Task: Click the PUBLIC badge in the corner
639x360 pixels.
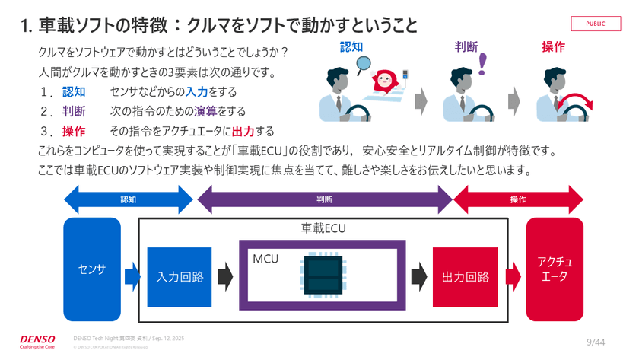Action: (x=596, y=24)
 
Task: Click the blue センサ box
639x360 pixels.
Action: (x=92, y=269)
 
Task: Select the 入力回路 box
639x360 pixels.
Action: (x=180, y=277)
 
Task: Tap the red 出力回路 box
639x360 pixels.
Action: (x=465, y=277)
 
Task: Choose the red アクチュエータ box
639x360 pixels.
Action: (x=555, y=269)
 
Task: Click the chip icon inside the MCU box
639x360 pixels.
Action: (x=322, y=275)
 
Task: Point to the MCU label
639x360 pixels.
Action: (x=265, y=259)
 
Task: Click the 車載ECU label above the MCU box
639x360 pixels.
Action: (x=323, y=228)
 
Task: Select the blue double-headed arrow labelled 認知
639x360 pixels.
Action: (x=129, y=200)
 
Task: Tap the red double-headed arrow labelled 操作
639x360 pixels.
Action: (x=518, y=200)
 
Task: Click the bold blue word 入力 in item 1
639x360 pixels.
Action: (x=197, y=91)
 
